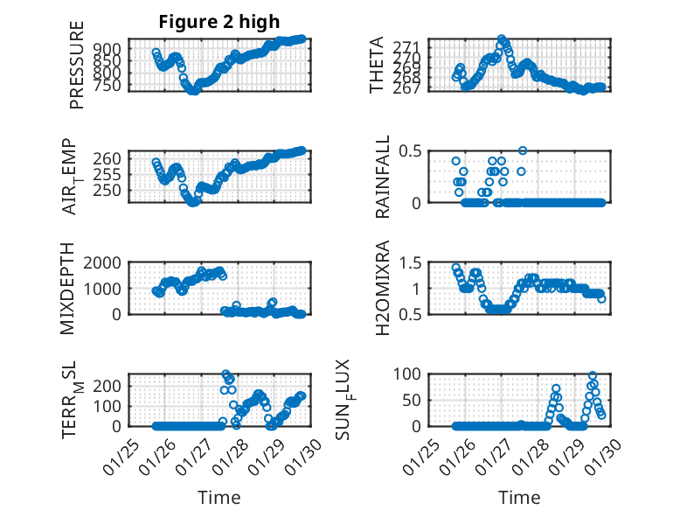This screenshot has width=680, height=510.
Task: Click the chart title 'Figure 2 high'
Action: [x=217, y=22]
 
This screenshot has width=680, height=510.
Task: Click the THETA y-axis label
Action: [x=377, y=65]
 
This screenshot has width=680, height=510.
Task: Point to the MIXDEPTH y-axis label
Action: [x=67, y=289]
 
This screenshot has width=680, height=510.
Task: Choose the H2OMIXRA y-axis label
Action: [x=382, y=289]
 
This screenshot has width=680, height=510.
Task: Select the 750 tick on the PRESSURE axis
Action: [x=112, y=85]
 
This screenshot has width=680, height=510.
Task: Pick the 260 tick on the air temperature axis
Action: [x=112, y=158]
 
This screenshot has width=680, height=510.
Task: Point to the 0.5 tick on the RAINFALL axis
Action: [x=411, y=150]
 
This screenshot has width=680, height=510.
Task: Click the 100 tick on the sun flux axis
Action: [x=409, y=374]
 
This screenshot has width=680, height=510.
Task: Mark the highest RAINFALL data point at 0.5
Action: [x=523, y=150]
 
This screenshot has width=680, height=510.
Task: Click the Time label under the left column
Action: [x=219, y=497]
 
